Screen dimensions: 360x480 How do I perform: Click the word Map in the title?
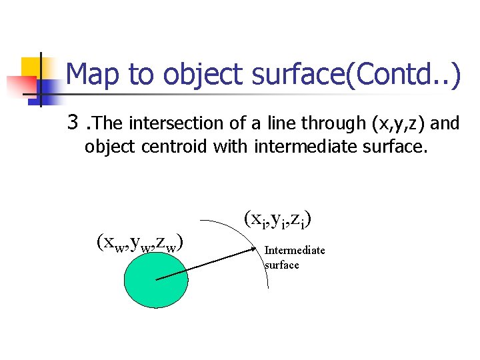coord(94,75)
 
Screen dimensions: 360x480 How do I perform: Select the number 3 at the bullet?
coord(73,123)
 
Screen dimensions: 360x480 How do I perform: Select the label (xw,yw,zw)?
coord(140,243)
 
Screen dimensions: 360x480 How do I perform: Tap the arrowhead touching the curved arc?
coord(258,250)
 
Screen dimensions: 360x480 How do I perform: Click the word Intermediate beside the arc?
coord(295,251)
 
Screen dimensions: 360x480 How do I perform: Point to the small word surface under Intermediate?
coord(282,265)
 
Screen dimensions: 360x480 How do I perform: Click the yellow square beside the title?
coord(31,67)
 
